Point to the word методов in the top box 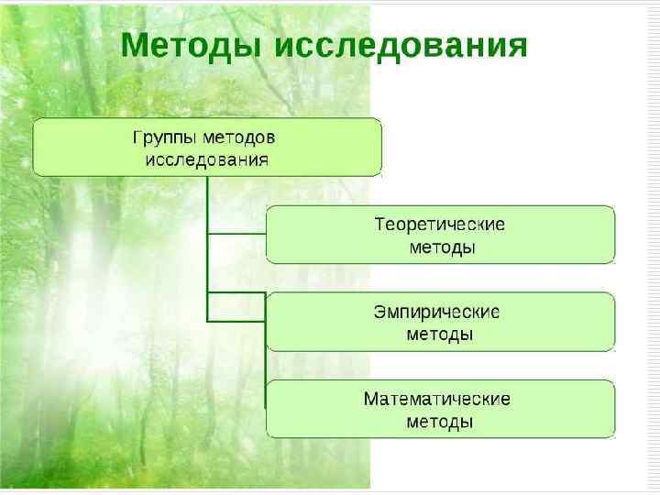tap(242, 137)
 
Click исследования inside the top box tap(207, 159)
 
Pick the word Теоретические tap(440, 225)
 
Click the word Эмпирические tap(437, 312)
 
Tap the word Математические tap(437, 400)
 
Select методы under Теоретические tap(441, 247)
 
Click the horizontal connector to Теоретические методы tap(236, 235)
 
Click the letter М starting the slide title tap(136, 45)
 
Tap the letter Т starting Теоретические tap(380, 225)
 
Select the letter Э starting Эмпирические tap(379, 312)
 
